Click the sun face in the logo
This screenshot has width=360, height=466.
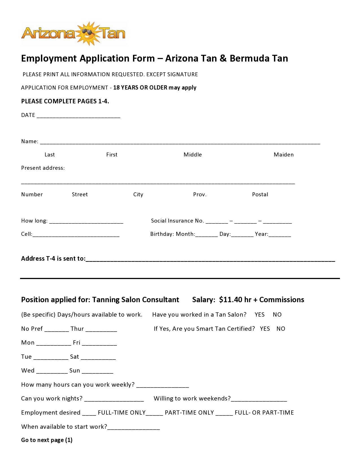tap(88, 33)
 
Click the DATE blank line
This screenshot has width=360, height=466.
tap(78, 116)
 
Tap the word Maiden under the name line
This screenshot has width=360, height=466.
tap(283, 154)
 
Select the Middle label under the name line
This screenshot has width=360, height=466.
tap(193, 154)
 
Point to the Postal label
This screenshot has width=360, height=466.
tap(260, 194)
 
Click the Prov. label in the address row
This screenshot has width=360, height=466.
tap(200, 194)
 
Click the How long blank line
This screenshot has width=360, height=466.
tap(86, 222)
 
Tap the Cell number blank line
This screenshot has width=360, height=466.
tap(76, 235)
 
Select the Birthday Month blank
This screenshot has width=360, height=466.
tap(206, 235)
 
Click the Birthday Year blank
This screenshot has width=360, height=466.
tap(280, 235)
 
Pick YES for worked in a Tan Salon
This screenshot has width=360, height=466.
tap(259, 315)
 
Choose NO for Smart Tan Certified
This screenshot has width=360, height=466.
tap(281, 329)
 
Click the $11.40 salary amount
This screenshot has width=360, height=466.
tap(235, 300)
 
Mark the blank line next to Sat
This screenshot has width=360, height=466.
tap(98, 358)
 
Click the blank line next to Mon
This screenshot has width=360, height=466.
tap(54, 344)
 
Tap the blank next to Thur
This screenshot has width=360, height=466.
tap(101, 330)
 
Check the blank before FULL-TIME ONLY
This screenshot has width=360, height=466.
tap(89, 413)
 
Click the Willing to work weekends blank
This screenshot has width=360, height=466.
tap(259, 400)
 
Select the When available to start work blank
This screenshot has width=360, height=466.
tap(134, 428)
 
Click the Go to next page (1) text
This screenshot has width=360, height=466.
tap(47, 440)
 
